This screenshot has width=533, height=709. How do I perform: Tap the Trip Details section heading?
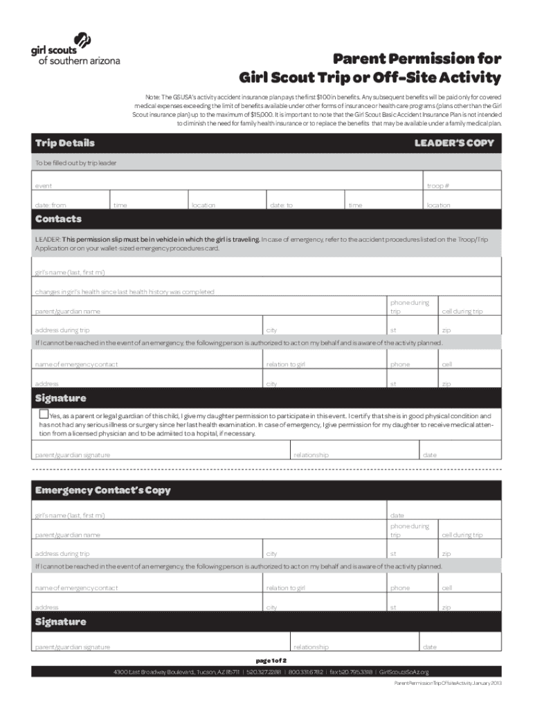click(65, 143)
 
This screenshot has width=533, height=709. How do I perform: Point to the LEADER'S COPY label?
click(454, 143)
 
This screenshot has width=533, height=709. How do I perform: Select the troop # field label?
click(438, 186)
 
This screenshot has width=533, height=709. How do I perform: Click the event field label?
click(43, 186)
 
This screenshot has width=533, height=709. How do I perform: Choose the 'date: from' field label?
click(51, 205)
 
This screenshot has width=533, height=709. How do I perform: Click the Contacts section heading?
click(58, 219)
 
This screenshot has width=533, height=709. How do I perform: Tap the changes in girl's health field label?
click(125, 292)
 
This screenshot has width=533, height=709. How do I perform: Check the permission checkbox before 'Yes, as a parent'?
click(43, 415)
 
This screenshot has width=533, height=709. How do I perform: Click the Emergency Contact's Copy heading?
click(102, 490)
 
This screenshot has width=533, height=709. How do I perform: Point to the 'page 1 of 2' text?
click(266, 661)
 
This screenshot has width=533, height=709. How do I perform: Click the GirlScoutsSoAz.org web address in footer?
click(404, 672)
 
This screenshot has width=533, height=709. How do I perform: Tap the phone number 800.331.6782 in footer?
click(305, 672)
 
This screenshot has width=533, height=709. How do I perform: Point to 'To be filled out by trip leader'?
click(76, 163)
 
